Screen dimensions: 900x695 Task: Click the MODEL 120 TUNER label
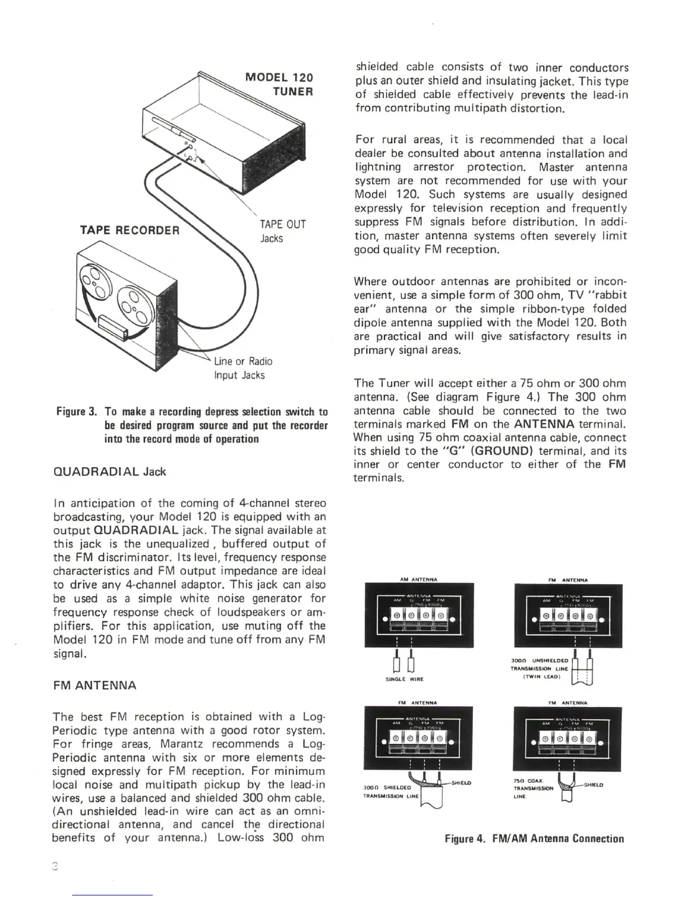278,84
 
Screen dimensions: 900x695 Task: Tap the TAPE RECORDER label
130,230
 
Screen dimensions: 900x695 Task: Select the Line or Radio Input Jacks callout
242,368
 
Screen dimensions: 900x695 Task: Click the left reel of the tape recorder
95,282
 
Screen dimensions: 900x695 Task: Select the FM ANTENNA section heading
94,685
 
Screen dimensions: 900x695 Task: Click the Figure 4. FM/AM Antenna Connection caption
534,839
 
